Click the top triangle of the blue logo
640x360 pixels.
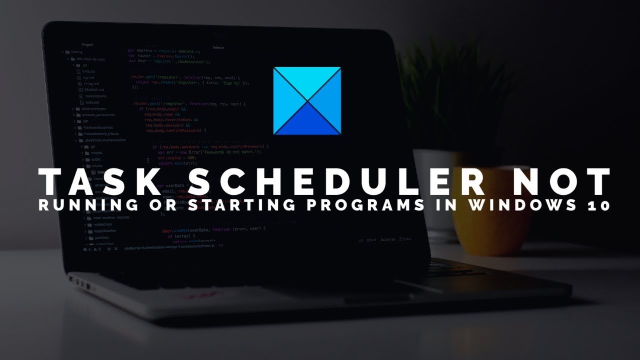(x=307, y=77)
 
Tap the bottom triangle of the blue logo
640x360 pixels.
(x=307, y=124)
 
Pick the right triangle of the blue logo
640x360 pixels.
(x=330, y=100)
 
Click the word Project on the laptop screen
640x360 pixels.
(x=87, y=44)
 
